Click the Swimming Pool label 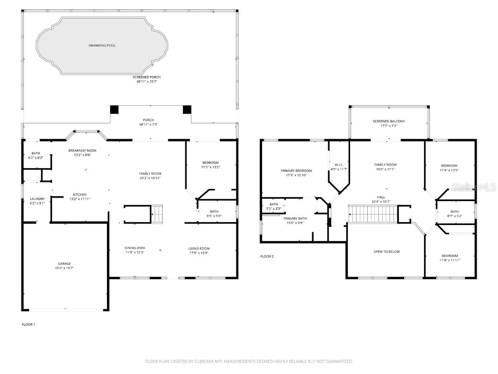click(102, 45)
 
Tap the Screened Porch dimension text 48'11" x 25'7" click(146, 81)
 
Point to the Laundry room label click(37, 199)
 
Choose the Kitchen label click(80, 194)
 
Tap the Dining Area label click(134, 248)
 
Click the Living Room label click(199, 248)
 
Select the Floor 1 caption click(29, 324)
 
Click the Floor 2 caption click(267, 256)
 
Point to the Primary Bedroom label click(296, 170)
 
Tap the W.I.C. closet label click(339, 165)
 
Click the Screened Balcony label click(389, 121)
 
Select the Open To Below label click(387, 252)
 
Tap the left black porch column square click(114, 110)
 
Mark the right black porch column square click(187, 110)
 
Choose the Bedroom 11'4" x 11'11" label click(449, 256)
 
